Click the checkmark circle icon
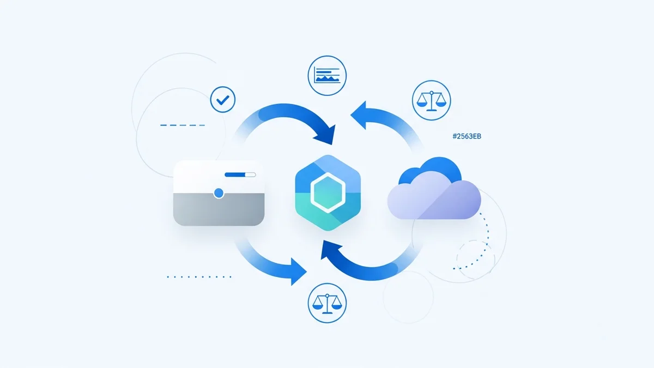pyautogui.click(x=223, y=100)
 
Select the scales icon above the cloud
pyautogui.click(x=432, y=100)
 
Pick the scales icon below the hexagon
pyautogui.click(x=328, y=303)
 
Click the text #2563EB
pyautogui.click(x=467, y=136)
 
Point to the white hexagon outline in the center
pyautogui.click(x=327, y=192)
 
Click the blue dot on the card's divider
pyautogui.click(x=219, y=193)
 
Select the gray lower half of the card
pyautogui.click(x=219, y=210)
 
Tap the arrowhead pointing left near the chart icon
pyautogui.click(x=360, y=114)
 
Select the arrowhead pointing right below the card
pyautogui.click(x=298, y=270)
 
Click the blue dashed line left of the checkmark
pyautogui.click(x=183, y=125)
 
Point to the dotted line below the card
pyautogui.click(x=199, y=276)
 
